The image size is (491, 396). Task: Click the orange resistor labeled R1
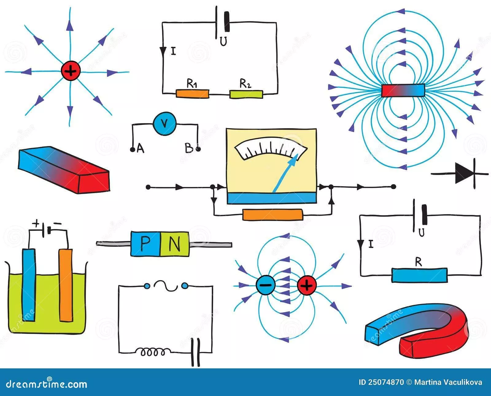click(192, 94)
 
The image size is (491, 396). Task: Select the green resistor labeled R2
click(246, 94)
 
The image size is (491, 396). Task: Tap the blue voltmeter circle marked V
click(164, 123)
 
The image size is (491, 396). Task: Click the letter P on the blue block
click(145, 244)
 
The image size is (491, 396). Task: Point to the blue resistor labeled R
click(419, 275)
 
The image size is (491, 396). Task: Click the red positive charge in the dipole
click(307, 286)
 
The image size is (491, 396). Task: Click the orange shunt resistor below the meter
click(273, 215)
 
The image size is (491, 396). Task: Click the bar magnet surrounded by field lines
click(403, 91)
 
